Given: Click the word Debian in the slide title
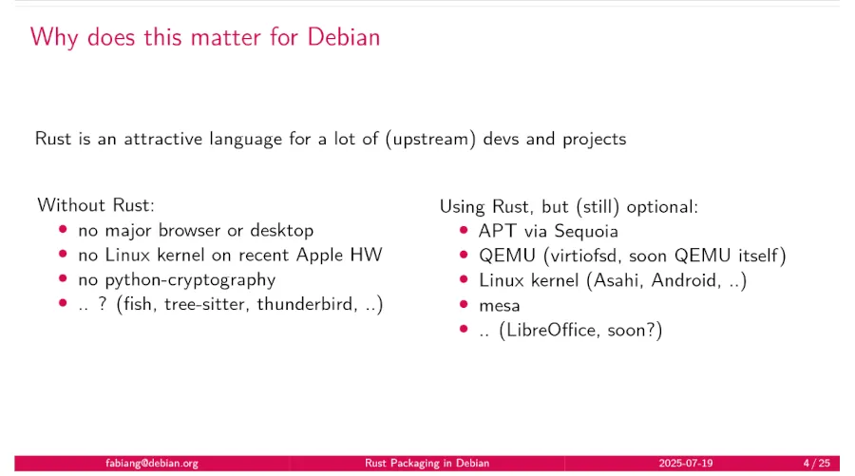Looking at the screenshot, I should tap(343, 37).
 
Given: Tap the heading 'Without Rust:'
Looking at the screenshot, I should tap(95, 205).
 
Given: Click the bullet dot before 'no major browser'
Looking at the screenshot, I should tap(64, 230).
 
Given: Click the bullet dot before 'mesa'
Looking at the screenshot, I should tap(464, 305).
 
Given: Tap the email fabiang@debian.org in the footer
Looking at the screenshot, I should tap(152, 464).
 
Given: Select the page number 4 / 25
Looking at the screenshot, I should tap(816, 464).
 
